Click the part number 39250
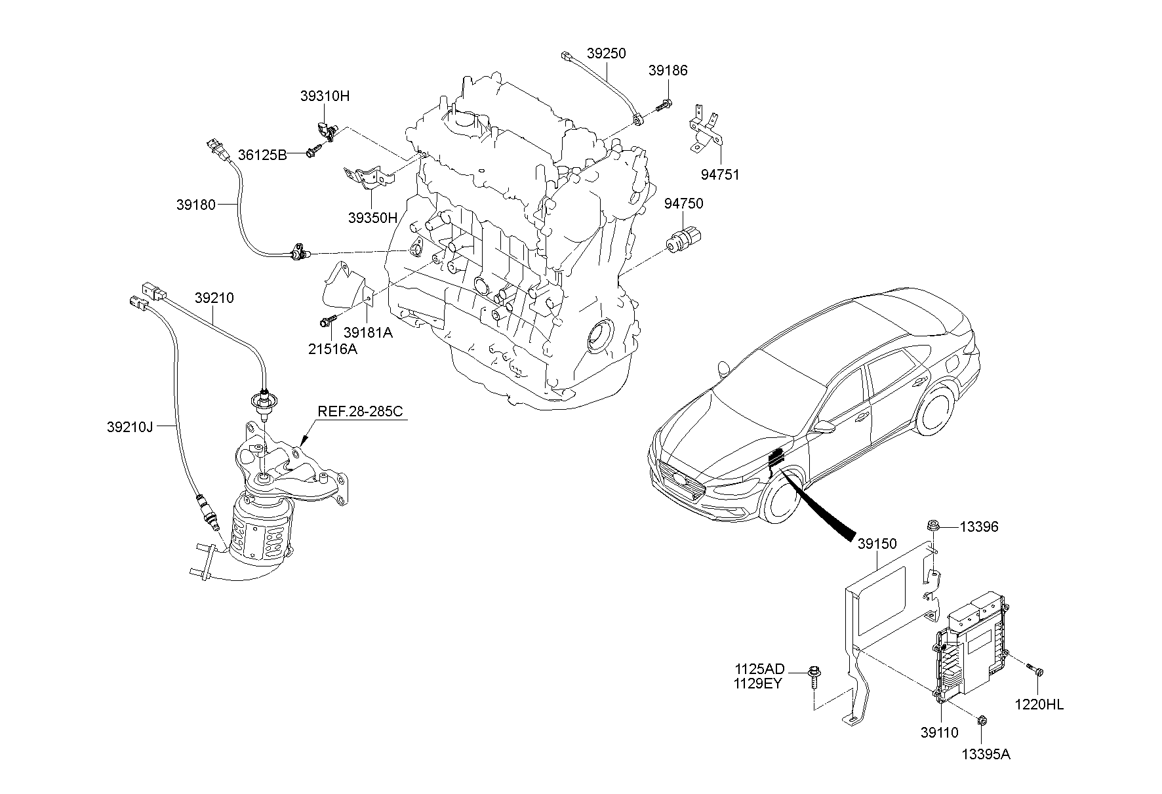click(x=606, y=53)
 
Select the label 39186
click(x=668, y=70)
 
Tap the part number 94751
click(x=719, y=174)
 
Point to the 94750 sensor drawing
click(x=683, y=239)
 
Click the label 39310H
click(x=325, y=96)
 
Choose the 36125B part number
click(x=262, y=155)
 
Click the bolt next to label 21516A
click(x=327, y=321)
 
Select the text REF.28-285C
click(x=360, y=412)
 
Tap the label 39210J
click(x=129, y=427)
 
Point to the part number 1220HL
click(x=1039, y=704)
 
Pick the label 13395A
click(x=986, y=754)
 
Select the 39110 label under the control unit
click(x=939, y=733)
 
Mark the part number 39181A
click(x=369, y=332)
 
